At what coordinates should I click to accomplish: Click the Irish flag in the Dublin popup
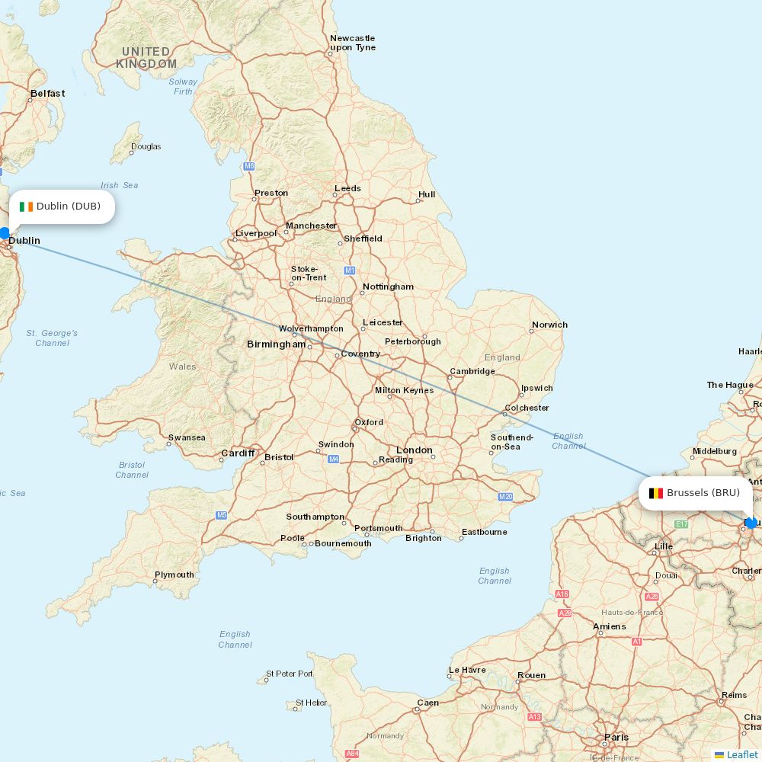tap(27, 207)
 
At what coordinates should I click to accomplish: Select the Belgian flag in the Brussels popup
tap(655, 493)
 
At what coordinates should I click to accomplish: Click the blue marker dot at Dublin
tap(5, 233)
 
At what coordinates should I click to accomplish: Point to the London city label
tap(414, 450)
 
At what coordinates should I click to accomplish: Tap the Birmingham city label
tap(276, 344)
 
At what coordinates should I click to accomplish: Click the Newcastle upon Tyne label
tap(352, 43)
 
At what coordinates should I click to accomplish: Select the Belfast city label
tap(47, 94)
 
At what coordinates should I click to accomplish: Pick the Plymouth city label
tap(174, 575)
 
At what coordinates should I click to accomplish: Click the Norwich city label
tap(549, 325)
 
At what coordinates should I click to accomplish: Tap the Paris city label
tap(616, 737)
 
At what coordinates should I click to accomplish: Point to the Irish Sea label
tap(120, 185)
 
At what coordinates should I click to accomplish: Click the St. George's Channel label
tap(52, 338)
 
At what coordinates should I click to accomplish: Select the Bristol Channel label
tap(132, 469)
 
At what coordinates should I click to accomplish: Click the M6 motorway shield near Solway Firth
tap(249, 166)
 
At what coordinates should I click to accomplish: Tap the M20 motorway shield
tap(505, 497)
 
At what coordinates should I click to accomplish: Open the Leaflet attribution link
tap(741, 754)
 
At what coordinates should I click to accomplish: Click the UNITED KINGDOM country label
tap(146, 58)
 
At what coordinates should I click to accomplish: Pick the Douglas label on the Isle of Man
tap(146, 146)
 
